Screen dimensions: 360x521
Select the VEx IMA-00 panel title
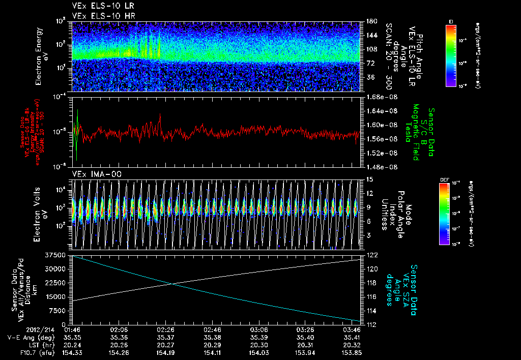click(x=94, y=173)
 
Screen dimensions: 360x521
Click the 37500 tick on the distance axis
click(x=60, y=254)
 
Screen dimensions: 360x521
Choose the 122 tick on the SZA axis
click(x=370, y=254)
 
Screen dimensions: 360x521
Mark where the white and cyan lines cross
click(x=173, y=284)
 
